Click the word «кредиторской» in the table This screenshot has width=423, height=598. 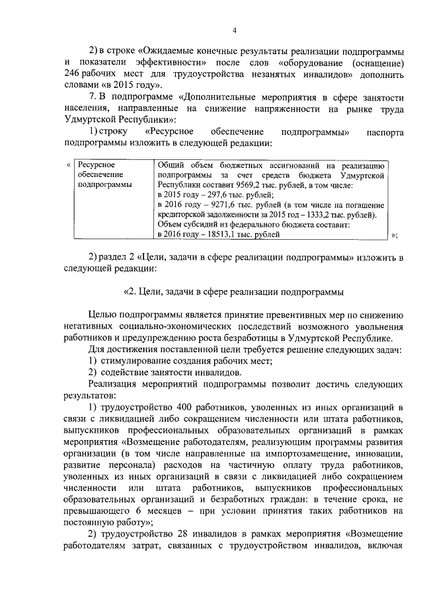tap(186, 215)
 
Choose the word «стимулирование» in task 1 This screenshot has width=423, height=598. tap(137, 360)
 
